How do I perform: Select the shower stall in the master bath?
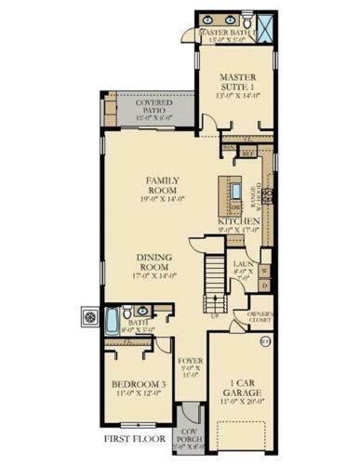(267, 23)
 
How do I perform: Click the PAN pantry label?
(227, 147)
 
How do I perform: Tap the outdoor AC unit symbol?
(90, 317)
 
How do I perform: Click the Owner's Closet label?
(258, 318)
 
